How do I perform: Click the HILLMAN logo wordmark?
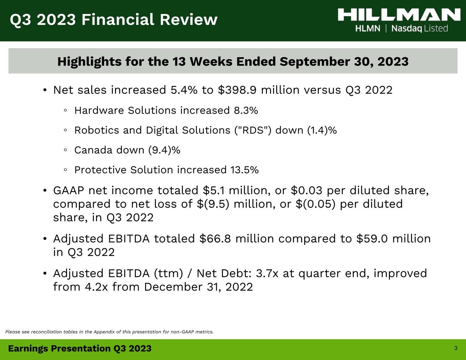(399, 15)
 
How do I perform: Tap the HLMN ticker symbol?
(368, 29)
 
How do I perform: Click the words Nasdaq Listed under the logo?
(420, 29)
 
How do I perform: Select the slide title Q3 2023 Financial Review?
(114, 20)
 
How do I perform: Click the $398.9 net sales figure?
(237, 90)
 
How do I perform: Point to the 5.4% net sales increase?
(184, 90)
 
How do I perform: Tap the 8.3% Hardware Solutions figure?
(246, 111)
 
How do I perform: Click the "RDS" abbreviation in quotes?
(253, 130)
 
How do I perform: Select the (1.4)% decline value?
(322, 130)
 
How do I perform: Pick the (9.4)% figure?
(164, 150)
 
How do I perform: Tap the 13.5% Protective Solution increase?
(244, 170)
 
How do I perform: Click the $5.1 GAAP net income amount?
(214, 190)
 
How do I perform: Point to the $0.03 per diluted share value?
(307, 190)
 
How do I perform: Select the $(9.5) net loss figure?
(213, 204)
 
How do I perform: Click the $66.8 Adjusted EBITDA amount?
(215, 239)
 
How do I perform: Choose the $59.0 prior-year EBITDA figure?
(372, 239)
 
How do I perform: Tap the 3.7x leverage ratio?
(267, 273)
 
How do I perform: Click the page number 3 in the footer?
(456, 348)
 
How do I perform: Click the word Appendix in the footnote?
(104, 332)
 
